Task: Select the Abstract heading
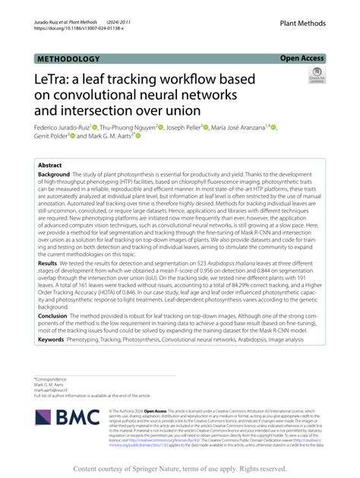pos(50,164)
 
